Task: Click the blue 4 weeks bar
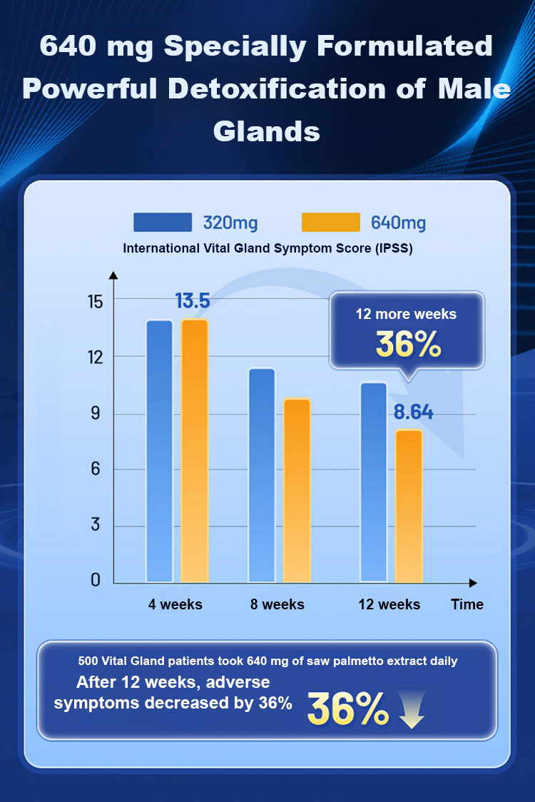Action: tap(160, 451)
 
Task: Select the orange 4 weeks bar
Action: tap(195, 451)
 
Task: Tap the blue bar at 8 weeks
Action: tap(262, 474)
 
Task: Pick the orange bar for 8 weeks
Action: tap(297, 490)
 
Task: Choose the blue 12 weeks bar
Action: tap(373, 482)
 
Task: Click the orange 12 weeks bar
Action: tap(409, 506)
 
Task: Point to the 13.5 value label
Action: tap(193, 301)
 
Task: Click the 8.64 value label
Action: tap(414, 412)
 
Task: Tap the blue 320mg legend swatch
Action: tap(163, 222)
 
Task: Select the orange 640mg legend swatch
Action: tap(330, 222)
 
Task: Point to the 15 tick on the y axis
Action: tap(96, 301)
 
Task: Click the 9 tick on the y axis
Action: tap(96, 415)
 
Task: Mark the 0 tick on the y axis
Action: tap(96, 581)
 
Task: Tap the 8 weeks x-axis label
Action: tap(277, 604)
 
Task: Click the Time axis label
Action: tap(467, 604)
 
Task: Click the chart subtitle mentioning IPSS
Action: tap(267, 249)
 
